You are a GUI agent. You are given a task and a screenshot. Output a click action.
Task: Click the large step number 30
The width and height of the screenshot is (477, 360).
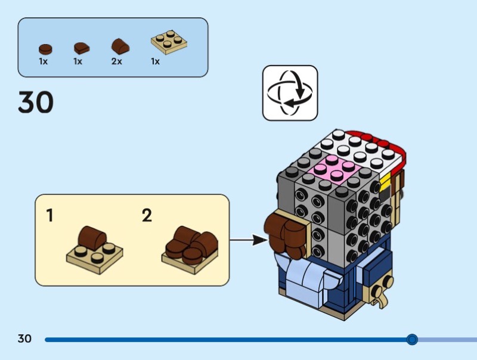(36, 102)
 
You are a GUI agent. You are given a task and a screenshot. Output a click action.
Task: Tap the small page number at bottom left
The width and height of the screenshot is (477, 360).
(24, 339)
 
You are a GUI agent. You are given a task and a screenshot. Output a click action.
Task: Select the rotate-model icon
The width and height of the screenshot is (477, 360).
(290, 93)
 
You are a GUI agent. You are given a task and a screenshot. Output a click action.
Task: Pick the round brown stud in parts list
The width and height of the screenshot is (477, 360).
(44, 49)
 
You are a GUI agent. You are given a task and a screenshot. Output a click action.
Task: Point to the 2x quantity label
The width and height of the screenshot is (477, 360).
(116, 61)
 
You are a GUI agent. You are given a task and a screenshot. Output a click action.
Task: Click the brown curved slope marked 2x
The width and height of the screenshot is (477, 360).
(120, 46)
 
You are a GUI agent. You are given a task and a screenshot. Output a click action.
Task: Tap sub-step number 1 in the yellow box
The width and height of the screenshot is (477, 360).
(49, 215)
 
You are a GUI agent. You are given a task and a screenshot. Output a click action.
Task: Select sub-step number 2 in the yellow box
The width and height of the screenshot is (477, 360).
(147, 215)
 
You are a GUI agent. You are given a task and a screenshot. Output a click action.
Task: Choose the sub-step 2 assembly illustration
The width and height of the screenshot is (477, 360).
(190, 247)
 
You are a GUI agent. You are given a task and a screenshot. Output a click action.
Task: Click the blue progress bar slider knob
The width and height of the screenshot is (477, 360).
(411, 340)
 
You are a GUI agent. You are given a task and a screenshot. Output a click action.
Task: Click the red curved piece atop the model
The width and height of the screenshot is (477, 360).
(382, 143)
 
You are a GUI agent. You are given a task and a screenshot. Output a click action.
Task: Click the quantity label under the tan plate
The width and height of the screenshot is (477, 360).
(156, 61)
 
